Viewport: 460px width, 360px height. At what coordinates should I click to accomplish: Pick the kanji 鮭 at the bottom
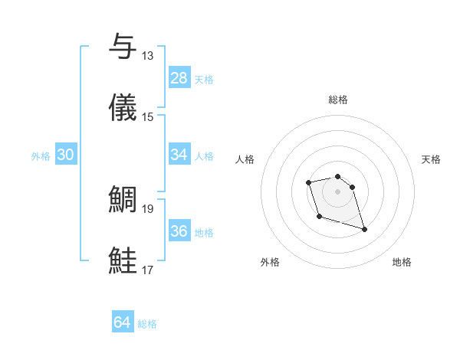tap(123, 259)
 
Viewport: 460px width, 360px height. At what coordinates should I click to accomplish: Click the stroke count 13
tap(147, 56)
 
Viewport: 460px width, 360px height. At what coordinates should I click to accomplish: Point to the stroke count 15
tap(147, 116)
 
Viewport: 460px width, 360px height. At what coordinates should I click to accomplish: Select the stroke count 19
tap(147, 208)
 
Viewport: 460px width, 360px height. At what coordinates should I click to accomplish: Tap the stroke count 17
tap(147, 269)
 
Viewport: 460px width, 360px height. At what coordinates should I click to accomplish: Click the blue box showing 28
tap(179, 77)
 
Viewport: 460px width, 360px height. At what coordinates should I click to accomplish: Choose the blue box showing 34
tap(179, 155)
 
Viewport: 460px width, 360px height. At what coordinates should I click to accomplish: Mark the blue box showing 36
tap(179, 231)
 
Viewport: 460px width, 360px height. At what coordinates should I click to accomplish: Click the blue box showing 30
tap(65, 155)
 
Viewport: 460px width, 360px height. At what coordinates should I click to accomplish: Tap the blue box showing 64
tap(123, 322)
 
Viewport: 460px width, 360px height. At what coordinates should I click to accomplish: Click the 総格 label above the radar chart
tap(337, 100)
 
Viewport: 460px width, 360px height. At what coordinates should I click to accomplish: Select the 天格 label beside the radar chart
tap(431, 159)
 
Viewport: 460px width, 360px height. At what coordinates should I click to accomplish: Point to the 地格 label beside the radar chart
tap(402, 262)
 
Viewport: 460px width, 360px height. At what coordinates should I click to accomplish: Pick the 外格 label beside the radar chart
tap(270, 262)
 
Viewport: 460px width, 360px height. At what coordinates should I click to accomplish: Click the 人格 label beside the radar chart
tap(245, 159)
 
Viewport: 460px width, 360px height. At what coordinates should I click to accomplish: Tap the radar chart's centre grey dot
tap(337, 191)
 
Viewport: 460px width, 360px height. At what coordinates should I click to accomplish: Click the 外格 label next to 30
tap(41, 156)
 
